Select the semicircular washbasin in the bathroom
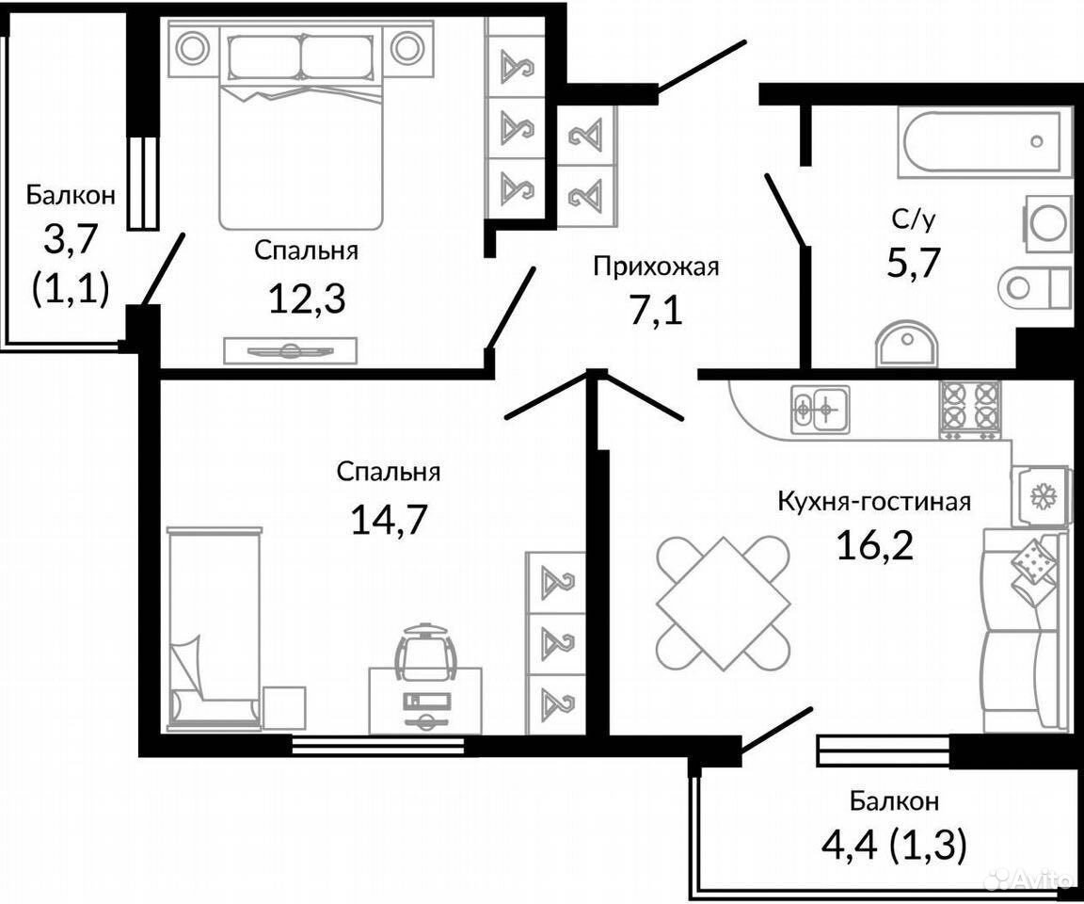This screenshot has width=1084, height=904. click(906, 344)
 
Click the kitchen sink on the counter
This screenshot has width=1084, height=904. click(821, 410)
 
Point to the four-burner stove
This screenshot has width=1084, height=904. click(970, 410)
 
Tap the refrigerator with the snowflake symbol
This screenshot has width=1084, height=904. click(1039, 495)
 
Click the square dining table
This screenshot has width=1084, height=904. click(723, 603)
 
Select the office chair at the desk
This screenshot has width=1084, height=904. click(424, 652)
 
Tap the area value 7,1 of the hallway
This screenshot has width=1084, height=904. click(655, 312)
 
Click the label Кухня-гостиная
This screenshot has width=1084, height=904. click(874, 500)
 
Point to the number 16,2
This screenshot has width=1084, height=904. click(874, 546)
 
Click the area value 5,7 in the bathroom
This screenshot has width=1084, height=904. click(914, 262)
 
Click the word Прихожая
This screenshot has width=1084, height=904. click(655, 266)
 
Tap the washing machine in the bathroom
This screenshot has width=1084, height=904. click(1048, 223)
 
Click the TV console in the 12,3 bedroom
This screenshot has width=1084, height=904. click(291, 350)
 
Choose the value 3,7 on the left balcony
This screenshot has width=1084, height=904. click(70, 241)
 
